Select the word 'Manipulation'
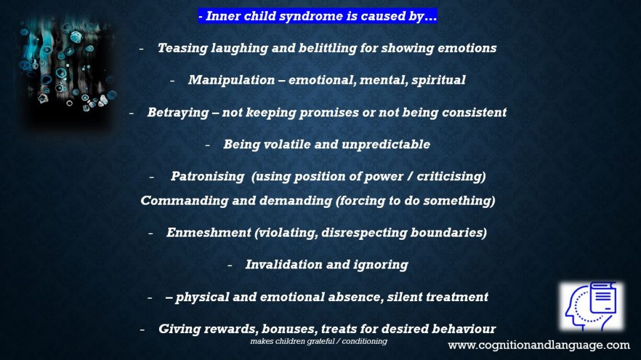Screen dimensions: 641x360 click(x=232, y=80)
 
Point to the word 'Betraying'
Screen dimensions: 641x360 click(x=178, y=113)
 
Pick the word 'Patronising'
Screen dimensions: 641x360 click(x=207, y=177)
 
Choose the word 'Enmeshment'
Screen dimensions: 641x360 click(x=208, y=232)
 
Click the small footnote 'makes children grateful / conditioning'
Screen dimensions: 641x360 click(x=319, y=341)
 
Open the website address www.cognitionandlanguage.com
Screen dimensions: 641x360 click(x=539, y=345)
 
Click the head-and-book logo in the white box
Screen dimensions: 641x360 click(x=592, y=306)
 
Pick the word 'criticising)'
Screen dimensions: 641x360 click(x=451, y=177)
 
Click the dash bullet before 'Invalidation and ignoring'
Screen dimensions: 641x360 click(x=230, y=265)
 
